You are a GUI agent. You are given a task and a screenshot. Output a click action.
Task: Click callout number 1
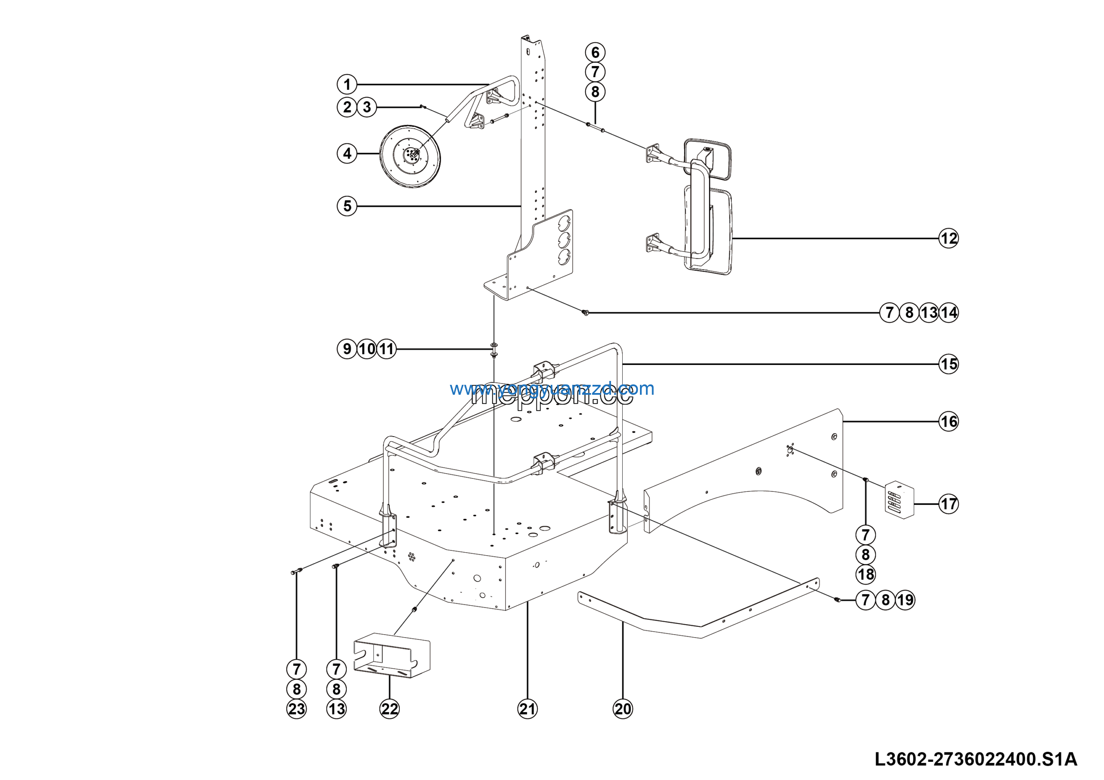tap(347, 85)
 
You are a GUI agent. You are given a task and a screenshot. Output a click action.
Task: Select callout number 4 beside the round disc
tap(347, 154)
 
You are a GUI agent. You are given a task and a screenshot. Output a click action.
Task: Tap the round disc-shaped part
tap(410, 156)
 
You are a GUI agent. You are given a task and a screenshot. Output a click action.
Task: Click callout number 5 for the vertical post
tap(347, 206)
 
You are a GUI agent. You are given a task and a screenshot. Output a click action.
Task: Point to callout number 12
tap(948, 239)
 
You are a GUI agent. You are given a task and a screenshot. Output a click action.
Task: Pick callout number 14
tap(949, 313)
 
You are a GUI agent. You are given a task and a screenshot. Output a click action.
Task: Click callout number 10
tap(367, 349)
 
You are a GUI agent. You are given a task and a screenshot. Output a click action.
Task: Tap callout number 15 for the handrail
tap(948, 364)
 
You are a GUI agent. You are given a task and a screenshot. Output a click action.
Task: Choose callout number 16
tap(948, 422)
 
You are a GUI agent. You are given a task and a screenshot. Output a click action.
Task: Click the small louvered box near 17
tap(899, 500)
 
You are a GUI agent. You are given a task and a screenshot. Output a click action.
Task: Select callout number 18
tap(866, 575)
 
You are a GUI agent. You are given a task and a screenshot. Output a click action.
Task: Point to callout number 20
tap(623, 709)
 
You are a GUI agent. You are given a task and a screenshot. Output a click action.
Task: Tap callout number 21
tap(527, 709)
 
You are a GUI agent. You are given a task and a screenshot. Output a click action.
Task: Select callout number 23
tap(296, 709)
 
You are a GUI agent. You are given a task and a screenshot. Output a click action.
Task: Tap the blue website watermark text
tap(552, 389)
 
